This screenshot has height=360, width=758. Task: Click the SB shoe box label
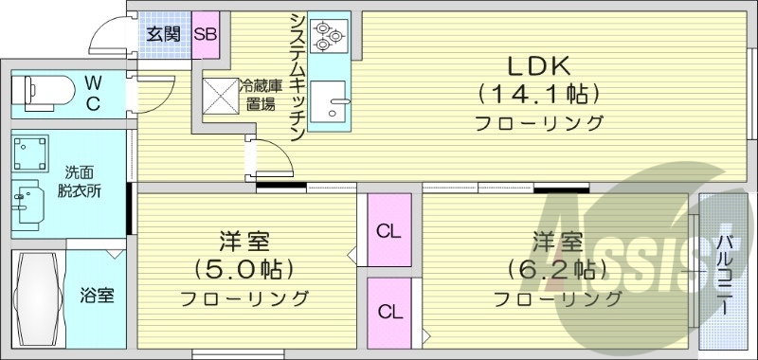(x=206, y=34)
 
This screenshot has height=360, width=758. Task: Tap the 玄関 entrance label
(x=162, y=34)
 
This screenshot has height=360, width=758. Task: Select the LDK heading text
(x=536, y=66)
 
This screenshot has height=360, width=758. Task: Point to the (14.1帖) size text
(x=538, y=94)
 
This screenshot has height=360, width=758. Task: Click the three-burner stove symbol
(x=329, y=36)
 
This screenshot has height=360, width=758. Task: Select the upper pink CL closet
(x=388, y=228)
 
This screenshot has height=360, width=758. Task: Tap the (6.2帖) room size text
(x=556, y=268)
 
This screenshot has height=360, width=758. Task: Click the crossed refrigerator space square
(x=221, y=96)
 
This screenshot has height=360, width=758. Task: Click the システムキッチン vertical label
(x=297, y=76)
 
